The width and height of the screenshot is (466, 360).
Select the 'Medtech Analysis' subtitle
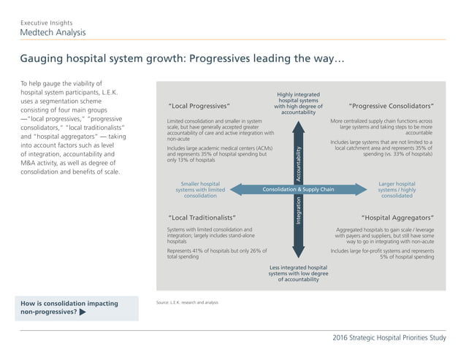(52, 33)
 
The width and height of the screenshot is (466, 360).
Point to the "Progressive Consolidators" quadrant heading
(391, 105)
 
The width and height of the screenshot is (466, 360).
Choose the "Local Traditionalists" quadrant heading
(202, 218)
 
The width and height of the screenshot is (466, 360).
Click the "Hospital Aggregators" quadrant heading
(397, 218)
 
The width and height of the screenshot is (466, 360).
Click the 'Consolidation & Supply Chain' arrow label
(298, 190)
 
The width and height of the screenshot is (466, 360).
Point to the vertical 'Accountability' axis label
(298, 158)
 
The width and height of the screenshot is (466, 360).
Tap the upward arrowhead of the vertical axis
(298, 123)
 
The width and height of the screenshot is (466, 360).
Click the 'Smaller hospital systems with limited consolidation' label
(200, 190)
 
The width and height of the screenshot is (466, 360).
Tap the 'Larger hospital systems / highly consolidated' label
(397, 190)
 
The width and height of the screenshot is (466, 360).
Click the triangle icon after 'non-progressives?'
(83, 312)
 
